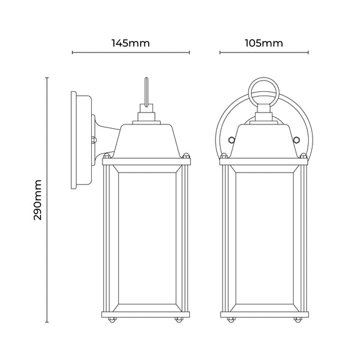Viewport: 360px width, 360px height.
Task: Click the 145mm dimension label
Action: pyautogui.click(x=131, y=43)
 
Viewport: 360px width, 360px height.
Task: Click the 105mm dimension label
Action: pyautogui.click(x=264, y=43)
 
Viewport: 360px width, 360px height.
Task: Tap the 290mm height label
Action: pyautogui.click(x=37, y=200)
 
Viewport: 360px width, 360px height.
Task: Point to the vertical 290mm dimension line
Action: pyautogui.click(x=47, y=200)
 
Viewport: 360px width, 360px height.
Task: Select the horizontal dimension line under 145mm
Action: pyautogui.click(x=131, y=52)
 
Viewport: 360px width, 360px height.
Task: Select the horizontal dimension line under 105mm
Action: pyautogui.click(x=264, y=52)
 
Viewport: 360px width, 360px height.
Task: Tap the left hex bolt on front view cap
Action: pyautogui.click(x=231, y=139)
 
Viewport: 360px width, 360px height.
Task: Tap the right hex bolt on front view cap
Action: pyautogui.click(x=297, y=139)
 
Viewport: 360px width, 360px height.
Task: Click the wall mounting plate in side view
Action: pyautogui.click(x=81, y=140)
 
